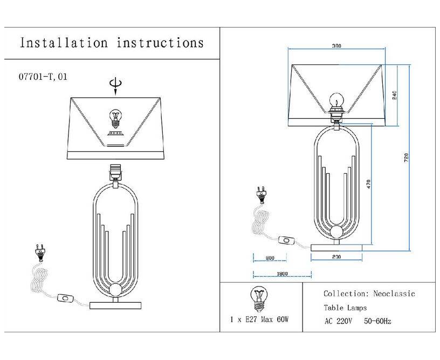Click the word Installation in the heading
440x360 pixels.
tap(64, 43)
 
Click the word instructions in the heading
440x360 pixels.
tap(160, 43)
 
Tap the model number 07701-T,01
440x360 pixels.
tap(43, 77)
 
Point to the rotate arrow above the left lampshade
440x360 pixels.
tap(115, 86)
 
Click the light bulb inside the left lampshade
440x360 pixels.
tap(115, 119)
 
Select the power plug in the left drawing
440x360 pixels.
tap(40, 253)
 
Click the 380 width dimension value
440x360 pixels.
tap(336, 46)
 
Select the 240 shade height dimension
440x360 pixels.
tap(395, 96)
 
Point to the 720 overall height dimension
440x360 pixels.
tap(407, 158)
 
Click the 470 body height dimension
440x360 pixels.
tap(368, 184)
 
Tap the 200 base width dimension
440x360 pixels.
tap(336, 257)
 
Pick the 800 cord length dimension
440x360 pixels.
tap(270, 258)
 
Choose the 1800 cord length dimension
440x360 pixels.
tap(283, 274)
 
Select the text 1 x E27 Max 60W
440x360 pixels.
tap(259, 320)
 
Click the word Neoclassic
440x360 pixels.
tap(394, 294)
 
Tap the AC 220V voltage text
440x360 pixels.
tap(338, 321)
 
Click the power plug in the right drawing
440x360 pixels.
tap(261, 195)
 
